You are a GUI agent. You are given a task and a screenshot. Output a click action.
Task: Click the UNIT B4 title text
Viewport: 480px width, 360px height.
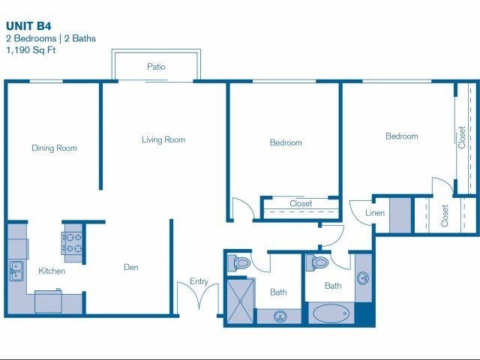pyautogui.click(x=28, y=26)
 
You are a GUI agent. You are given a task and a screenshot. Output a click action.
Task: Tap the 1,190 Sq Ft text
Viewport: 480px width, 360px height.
pyautogui.click(x=31, y=50)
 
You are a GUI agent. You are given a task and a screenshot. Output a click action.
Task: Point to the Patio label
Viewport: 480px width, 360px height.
pyautogui.click(x=156, y=67)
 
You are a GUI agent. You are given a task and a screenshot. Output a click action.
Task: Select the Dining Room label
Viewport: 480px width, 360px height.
pyautogui.click(x=54, y=148)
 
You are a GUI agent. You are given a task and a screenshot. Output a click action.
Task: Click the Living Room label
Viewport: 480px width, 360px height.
pyautogui.click(x=163, y=140)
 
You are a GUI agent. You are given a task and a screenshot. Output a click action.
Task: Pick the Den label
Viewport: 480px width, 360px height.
pyautogui.click(x=131, y=267)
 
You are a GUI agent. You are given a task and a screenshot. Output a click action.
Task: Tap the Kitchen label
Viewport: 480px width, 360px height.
pyautogui.click(x=52, y=271)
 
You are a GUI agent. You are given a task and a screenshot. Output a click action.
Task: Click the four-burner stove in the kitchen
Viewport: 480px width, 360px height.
pyautogui.click(x=72, y=243)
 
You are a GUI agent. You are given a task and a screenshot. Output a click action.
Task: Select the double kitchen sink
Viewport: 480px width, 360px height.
pyautogui.click(x=16, y=271)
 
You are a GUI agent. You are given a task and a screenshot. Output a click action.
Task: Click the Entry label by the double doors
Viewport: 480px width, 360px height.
pyautogui.click(x=199, y=281)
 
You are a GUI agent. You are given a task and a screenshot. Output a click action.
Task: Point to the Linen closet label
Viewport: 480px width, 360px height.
pyautogui.click(x=375, y=213)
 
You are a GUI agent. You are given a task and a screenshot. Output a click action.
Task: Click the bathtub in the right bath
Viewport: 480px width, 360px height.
pyautogui.click(x=331, y=313)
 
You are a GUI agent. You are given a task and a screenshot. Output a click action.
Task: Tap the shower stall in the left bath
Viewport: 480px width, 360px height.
pyautogui.click(x=241, y=301)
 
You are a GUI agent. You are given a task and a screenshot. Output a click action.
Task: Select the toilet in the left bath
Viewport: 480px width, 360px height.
pyautogui.click(x=239, y=263)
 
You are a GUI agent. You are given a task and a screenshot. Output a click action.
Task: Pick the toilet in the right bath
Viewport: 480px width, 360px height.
pyautogui.click(x=317, y=262)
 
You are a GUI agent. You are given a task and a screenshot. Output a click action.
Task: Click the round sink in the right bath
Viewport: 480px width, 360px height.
pyautogui.click(x=363, y=278)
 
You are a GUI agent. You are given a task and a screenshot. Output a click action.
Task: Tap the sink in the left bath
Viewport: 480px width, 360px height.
pyautogui.click(x=280, y=316)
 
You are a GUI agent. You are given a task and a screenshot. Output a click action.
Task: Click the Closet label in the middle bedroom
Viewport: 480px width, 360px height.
pyautogui.click(x=301, y=203)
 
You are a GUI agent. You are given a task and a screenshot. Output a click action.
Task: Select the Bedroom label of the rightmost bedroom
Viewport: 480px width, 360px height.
pyautogui.click(x=402, y=136)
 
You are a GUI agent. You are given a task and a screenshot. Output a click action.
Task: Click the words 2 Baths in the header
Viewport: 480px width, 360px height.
pyautogui.click(x=80, y=38)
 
